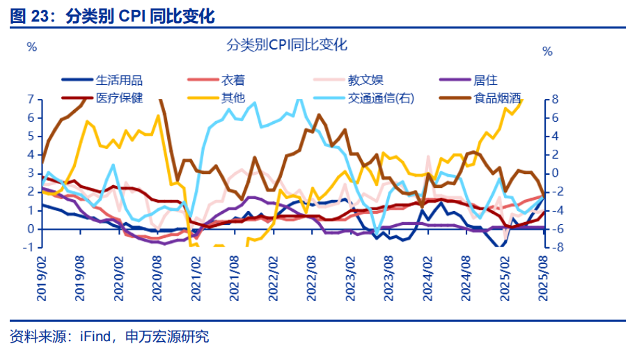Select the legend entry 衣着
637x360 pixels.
click(x=233, y=81)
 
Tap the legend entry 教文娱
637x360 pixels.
click(x=365, y=81)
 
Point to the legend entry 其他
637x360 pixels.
click(x=233, y=97)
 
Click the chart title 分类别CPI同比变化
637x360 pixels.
click(x=287, y=45)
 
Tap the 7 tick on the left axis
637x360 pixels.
click(x=30, y=100)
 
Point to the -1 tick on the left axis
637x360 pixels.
click(x=29, y=247)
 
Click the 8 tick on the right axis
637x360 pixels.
click(x=556, y=100)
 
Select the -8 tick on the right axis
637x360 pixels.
click(x=553, y=247)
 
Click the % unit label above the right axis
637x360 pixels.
click(x=547, y=52)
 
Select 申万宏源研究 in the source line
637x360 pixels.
click(x=167, y=338)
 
